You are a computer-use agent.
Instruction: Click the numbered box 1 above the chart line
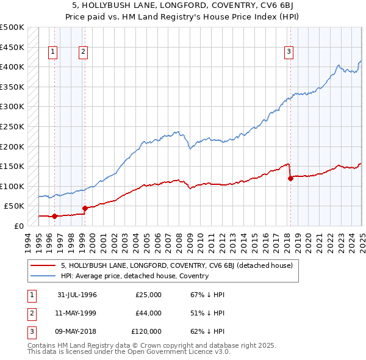[x=53, y=52]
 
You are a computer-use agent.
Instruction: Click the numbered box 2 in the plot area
[x=82, y=52]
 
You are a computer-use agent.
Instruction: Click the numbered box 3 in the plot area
[x=288, y=52]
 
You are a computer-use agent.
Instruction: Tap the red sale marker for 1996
[x=55, y=216]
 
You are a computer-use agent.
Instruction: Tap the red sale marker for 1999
[x=85, y=208]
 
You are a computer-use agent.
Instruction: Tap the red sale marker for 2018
[x=290, y=178]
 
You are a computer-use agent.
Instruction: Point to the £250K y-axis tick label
[x=12, y=127]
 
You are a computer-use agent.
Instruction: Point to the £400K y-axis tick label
[x=12, y=67]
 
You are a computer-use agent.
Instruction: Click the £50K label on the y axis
[x=15, y=206]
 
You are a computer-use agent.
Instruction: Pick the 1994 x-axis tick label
[x=28, y=241]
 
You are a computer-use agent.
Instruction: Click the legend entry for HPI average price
[x=135, y=276]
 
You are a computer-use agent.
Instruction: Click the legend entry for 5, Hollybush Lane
[x=177, y=265]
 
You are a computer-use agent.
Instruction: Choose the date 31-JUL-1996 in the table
[x=77, y=295]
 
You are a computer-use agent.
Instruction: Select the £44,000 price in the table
[x=148, y=313]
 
